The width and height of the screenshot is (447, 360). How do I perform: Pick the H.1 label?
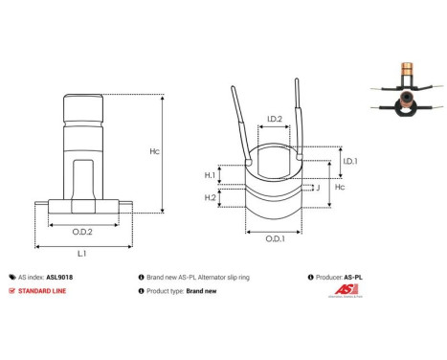210,175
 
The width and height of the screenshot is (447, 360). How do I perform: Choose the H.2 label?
210,197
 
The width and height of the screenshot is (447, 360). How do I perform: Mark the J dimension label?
317,188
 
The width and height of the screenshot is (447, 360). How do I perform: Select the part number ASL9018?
60,275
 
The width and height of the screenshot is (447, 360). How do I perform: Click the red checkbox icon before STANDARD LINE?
11,290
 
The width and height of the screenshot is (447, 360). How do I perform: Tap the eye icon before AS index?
11,275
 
